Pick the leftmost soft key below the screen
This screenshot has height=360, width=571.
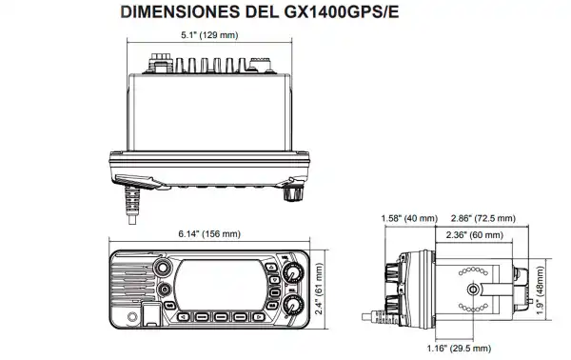pyautogui.click(x=181, y=315)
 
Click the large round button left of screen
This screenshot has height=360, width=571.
pyautogui.click(x=166, y=290)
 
